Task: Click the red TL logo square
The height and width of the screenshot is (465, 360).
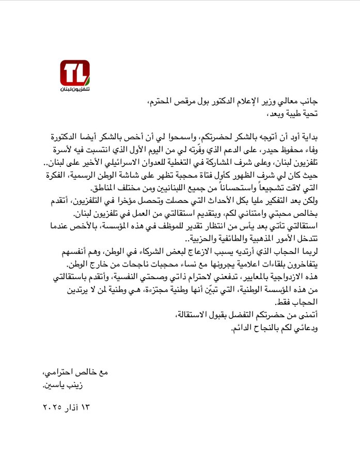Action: [75, 73]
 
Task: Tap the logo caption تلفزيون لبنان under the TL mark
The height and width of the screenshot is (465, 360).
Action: [75, 90]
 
